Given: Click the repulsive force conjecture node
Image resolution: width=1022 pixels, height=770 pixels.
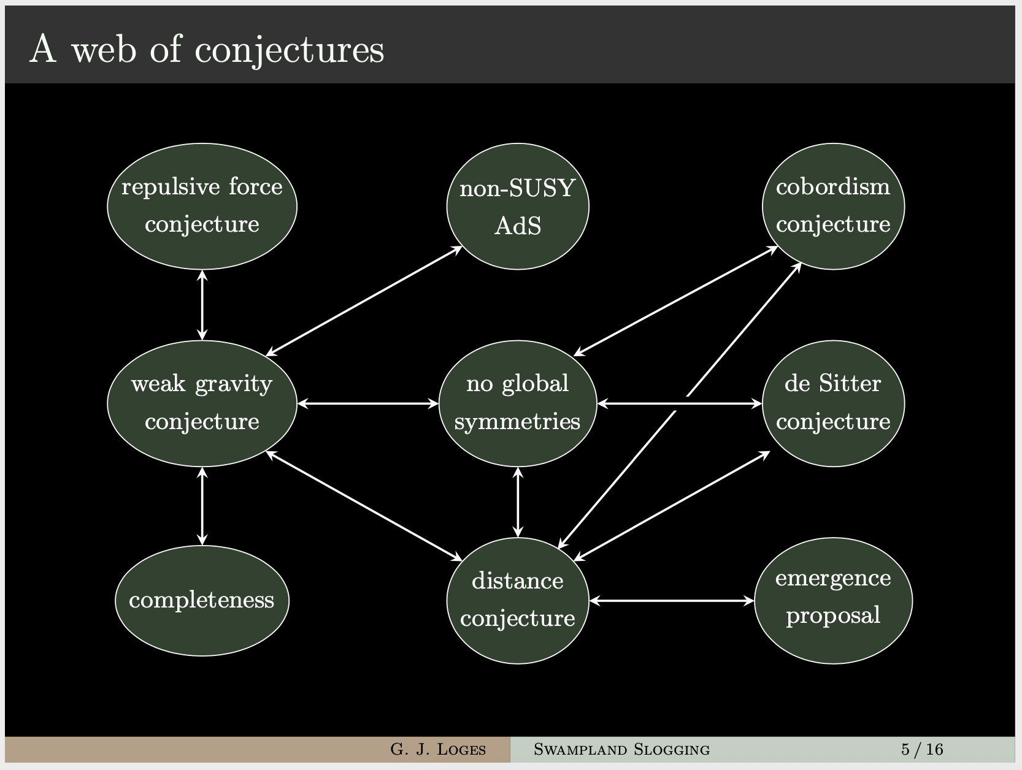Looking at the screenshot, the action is [x=202, y=206].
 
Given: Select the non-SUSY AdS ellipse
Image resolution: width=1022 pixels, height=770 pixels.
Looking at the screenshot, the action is [x=518, y=206].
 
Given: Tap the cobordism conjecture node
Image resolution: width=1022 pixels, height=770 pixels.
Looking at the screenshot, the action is [x=834, y=206].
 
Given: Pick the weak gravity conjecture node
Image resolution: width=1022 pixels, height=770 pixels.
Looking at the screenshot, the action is [x=202, y=403].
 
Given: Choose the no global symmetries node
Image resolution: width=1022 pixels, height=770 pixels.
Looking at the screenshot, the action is [x=518, y=403].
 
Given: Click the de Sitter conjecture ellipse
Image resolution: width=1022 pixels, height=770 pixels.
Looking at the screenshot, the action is [x=834, y=403].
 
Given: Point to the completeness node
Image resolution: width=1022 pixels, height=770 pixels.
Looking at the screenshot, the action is [x=202, y=601].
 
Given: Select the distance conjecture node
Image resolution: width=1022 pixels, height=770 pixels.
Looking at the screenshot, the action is [x=518, y=601].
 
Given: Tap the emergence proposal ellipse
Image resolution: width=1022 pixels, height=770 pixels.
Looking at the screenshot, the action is [x=834, y=601].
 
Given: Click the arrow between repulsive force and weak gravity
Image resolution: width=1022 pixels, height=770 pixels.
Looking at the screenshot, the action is [x=202, y=305].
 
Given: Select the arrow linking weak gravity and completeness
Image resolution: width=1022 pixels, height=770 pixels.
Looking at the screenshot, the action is [x=202, y=506].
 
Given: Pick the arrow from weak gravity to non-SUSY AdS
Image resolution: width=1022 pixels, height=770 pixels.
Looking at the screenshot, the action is [x=364, y=301].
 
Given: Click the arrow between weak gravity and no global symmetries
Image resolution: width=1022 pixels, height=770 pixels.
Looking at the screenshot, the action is [x=368, y=403].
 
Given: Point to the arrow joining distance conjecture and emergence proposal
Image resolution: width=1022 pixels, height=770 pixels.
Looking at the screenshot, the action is [x=671, y=601].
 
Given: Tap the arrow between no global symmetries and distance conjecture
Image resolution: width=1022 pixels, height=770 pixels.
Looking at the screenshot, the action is [x=518, y=502].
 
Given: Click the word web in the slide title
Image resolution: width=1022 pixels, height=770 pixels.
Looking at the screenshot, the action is [x=104, y=49].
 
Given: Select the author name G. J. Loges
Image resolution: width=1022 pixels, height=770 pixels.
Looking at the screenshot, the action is [x=437, y=749].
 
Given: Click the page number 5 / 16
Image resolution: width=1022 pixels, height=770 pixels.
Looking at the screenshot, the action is [x=922, y=749].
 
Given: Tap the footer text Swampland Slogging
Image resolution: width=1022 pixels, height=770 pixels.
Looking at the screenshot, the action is [x=621, y=749].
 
